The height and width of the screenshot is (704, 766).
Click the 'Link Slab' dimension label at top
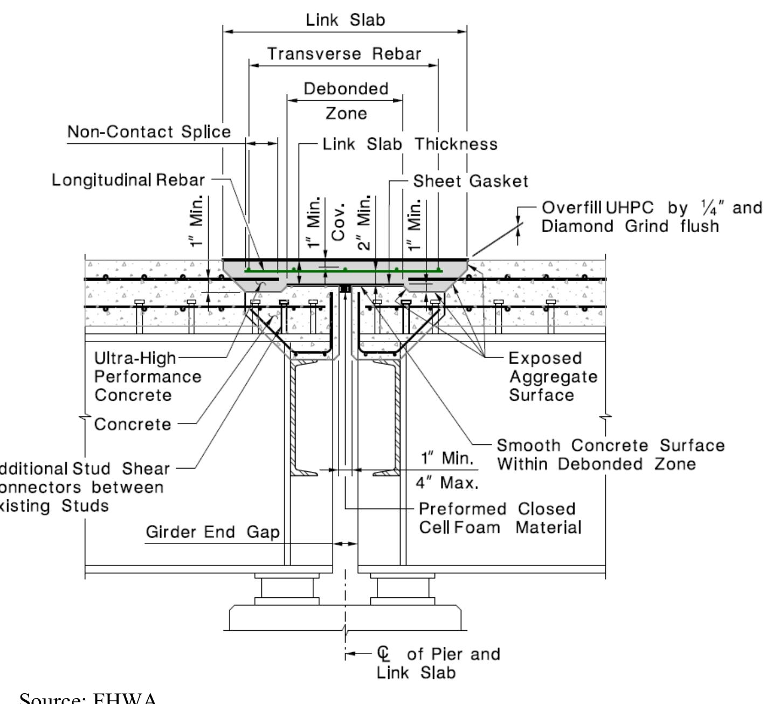point(345,20)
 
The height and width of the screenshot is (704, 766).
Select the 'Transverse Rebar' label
point(344,54)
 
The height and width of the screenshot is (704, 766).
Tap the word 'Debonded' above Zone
point(346,88)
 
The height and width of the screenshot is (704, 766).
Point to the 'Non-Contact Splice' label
point(149,132)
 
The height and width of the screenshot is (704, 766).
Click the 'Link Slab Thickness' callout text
point(410,144)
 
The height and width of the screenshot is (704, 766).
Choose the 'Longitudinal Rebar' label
point(128,180)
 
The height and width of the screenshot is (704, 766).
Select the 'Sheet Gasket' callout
point(470,182)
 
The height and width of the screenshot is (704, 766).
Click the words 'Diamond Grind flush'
point(630,226)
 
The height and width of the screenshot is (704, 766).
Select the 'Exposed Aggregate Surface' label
point(553,377)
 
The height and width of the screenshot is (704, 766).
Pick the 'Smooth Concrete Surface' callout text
point(610,446)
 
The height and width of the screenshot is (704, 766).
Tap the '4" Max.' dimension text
point(446,482)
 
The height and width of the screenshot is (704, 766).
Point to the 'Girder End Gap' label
point(212,533)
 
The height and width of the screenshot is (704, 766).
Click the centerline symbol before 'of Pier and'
point(384,654)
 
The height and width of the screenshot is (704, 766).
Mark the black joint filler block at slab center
point(346,289)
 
